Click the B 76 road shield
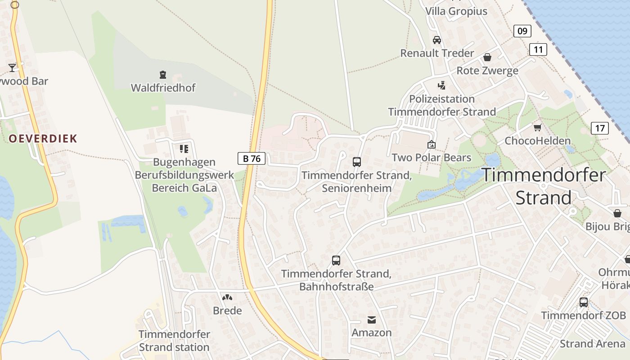252,158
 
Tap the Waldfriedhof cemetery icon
163,74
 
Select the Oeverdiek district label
43,139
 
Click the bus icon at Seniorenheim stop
357,162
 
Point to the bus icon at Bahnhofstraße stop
336,260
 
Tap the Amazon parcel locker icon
372,319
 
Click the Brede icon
227,297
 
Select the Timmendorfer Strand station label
174,341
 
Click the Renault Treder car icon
436,40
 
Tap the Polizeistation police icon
442,85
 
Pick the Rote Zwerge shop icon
487,57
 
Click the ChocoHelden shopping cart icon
537,127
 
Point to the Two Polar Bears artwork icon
432,144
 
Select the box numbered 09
522,31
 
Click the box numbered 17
600,128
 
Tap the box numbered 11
538,49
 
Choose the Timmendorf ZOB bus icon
584,302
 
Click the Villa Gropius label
456,11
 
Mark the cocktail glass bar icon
12,68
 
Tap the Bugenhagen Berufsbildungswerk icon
184,148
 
